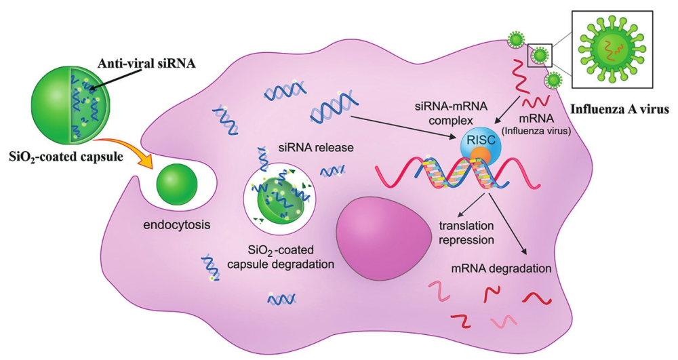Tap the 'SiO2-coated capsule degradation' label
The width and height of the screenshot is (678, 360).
(x=293, y=257)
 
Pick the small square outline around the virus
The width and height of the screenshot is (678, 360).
(x=540, y=54)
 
